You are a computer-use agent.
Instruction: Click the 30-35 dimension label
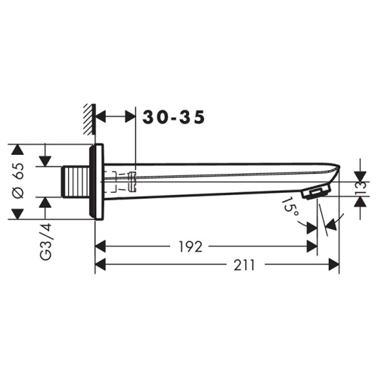[174, 117]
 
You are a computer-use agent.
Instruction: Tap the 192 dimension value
[191, 246]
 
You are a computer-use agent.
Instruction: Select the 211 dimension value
[244, 265]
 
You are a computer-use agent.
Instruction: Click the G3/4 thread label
[46, 241]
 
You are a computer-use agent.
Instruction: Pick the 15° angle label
[290, 207]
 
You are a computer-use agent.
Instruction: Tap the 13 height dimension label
[361, 189]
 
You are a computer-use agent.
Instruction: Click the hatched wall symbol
[90, 119]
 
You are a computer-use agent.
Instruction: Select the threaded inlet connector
[76, 182]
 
